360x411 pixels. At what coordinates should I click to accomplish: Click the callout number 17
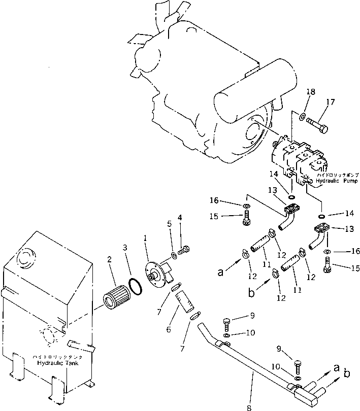click(331, 102)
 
